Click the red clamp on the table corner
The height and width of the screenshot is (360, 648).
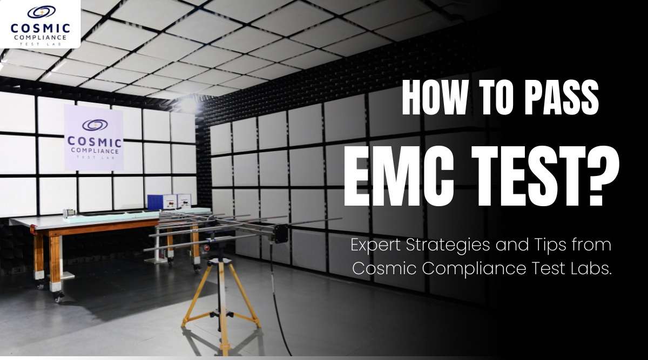(x=33, y=229)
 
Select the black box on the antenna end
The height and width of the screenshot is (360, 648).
(x=280, y=233)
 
